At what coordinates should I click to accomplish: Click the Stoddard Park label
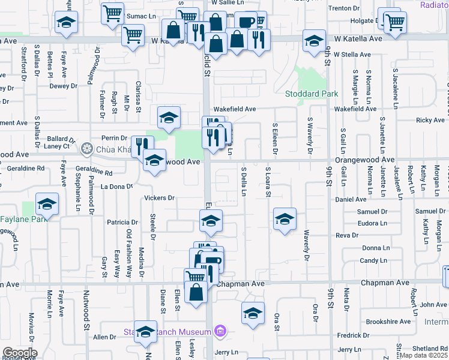[312, 94]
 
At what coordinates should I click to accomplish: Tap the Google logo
[19, 353]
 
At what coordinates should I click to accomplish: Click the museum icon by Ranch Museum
[220, 331]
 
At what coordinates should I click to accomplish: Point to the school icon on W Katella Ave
[313, 41]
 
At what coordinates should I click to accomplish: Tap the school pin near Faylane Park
[47, 205]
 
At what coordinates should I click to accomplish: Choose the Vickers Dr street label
[159, 198]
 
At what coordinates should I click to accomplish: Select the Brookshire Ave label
[388, 322]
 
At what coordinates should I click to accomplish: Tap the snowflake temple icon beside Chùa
[87, 148]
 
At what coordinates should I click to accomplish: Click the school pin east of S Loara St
[285, 218]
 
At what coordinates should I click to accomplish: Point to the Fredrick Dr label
[352, 335]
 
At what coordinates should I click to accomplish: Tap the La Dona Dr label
[116, 187]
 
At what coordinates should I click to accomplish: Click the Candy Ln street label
[373, 260]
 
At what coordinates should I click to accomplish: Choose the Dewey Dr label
[60, 86]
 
